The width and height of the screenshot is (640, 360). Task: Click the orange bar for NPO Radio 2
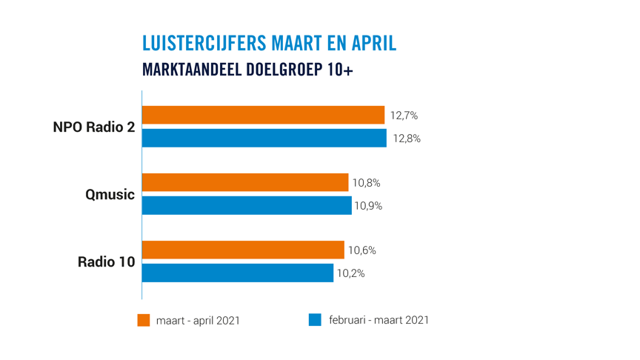tap(263, 115)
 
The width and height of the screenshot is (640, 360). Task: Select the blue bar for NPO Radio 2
tap(264, 138)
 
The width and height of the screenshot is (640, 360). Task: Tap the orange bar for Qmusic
tap(244, 182)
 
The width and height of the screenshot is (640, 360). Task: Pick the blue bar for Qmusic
tap(246, 205)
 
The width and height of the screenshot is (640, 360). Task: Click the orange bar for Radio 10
tap(243, 250)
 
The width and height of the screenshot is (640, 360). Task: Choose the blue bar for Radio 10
tap(237, 273)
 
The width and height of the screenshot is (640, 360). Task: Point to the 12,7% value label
tap(404, 116)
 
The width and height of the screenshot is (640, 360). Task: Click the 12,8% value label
tap(407, 138)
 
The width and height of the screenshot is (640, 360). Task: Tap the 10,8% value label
tap(367, 183)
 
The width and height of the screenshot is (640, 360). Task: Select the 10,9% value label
tap(369, 206)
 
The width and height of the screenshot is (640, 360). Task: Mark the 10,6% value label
tap(362, 250)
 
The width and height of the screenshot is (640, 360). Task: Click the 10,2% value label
tap(351, 273)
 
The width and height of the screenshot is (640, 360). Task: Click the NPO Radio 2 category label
tap(94, 127)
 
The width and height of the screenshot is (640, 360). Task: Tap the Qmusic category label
tap(110, 195)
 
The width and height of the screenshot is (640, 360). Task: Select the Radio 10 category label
tap(106, 262)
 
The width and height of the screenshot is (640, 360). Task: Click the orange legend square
tap(144, 320)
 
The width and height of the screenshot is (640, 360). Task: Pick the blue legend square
tap(315, 320)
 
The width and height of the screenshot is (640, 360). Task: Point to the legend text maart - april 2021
tap(198, 321)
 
